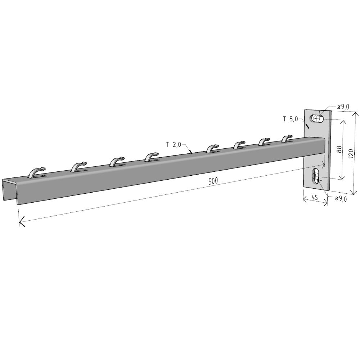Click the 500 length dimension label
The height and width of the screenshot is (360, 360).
point(213,181)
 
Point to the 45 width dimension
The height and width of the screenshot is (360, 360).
point(315,197)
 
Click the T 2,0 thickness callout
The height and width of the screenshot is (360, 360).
point(174,144)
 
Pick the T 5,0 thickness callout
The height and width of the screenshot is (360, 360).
point(290,119)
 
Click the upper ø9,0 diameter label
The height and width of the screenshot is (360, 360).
point(343,107)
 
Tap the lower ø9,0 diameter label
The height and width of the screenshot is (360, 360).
point(341,199)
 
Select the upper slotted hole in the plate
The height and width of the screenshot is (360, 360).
point(317,119)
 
